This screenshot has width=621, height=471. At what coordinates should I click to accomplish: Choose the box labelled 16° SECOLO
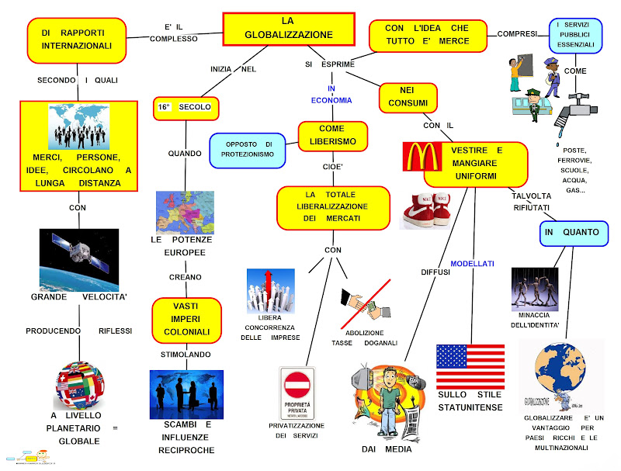[x=187, y=108]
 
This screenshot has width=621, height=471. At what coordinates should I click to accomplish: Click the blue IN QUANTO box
[x=571, y=232]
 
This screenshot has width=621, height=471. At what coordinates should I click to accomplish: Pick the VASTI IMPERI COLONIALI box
[x=186, y=318]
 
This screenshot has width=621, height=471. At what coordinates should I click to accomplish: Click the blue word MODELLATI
[x=472, y=264]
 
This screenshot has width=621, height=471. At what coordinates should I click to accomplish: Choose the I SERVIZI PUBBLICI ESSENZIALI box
[x=576, y=35]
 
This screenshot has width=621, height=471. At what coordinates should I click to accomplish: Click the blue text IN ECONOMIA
[x=331, y=95]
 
